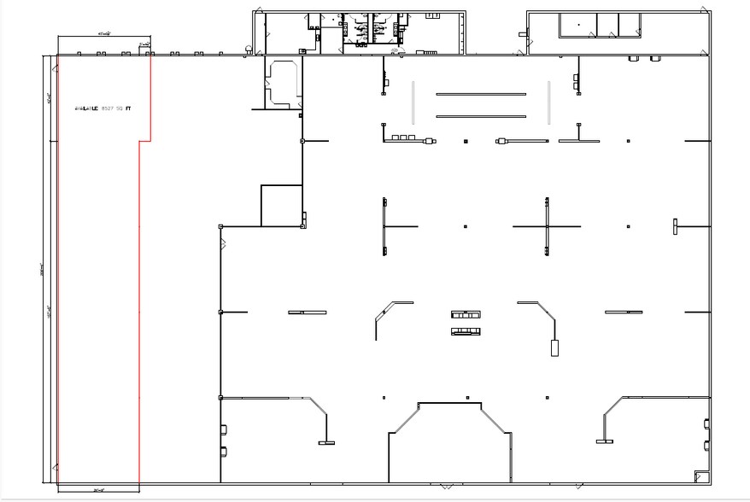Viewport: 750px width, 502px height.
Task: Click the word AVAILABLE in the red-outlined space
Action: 87,109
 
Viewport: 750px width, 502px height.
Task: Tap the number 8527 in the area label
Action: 108,109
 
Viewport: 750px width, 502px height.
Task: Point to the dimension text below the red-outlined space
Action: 99,490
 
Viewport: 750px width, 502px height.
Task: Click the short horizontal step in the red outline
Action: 145,141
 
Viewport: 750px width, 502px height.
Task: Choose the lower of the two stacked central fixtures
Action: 466,330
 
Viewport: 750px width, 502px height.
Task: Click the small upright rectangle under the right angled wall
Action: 554,347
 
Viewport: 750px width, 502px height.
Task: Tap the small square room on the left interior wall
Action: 281,205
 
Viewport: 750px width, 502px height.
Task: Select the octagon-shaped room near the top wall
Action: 282,83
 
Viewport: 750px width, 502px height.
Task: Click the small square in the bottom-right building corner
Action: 701,476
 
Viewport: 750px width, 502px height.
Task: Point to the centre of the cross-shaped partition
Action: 547,226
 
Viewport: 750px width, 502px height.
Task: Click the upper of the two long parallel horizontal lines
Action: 481,95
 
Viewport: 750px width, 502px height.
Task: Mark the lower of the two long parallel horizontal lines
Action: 481,116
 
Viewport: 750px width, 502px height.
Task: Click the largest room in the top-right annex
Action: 577,25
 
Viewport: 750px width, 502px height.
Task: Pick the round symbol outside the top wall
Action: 248,49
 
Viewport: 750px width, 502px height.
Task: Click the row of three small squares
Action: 401,137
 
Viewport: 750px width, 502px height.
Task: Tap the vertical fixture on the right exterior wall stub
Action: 675,226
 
